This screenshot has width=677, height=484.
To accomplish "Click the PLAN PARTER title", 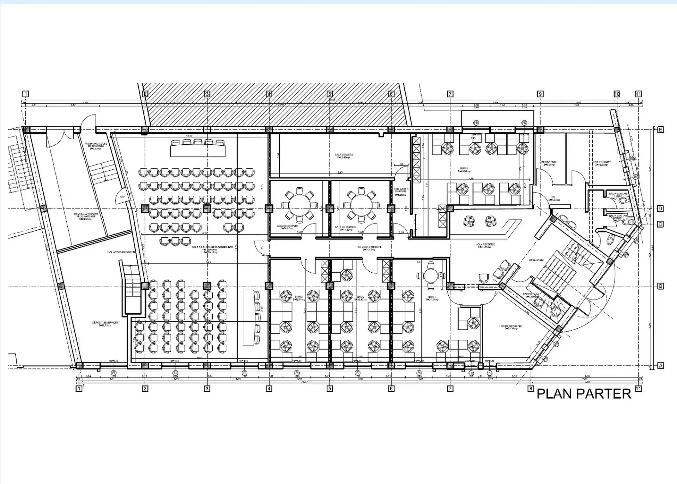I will [584, 394].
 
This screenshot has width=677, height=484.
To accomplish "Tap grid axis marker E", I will [660, 130].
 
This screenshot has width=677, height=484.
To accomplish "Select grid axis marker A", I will [660, 366].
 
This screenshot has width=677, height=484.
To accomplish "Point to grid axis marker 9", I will [540, 94].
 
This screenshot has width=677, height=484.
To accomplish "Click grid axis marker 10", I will [617, 94].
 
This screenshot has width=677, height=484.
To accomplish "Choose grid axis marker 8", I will [531, 389].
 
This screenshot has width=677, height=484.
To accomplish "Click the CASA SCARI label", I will [536, 260].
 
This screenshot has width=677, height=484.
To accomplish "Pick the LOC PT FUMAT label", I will [602, 163].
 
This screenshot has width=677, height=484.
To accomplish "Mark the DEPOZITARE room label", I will [549, 163].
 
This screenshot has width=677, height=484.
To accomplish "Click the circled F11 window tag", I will [476, 123].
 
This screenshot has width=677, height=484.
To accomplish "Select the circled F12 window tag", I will [524, 123].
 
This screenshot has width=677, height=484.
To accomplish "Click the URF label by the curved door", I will [123, 196].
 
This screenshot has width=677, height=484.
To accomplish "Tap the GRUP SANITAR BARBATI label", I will [618, 217].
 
